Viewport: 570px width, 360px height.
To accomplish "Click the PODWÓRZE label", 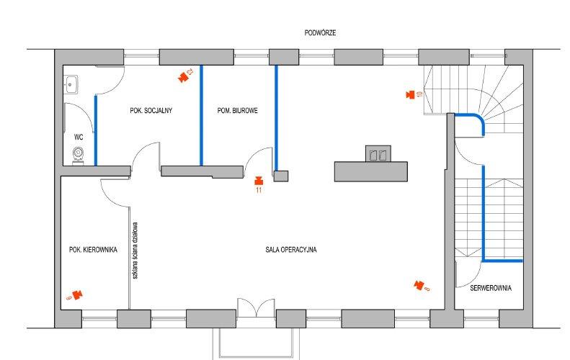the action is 320,32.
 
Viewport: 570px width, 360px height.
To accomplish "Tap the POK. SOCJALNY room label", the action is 151,110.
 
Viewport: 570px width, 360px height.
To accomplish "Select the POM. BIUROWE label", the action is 237,110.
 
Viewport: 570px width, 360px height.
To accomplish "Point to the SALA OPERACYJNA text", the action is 291,250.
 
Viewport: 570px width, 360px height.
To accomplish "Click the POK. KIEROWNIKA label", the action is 93,250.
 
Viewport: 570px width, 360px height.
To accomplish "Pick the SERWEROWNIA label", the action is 491,288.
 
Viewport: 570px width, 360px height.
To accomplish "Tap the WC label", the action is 79,137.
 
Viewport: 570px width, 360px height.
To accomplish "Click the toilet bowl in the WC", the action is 78,156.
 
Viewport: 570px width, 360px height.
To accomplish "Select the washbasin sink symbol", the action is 71,85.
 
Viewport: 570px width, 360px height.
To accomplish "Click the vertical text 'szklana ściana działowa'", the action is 135,251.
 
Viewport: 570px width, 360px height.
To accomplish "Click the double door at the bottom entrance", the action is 256,308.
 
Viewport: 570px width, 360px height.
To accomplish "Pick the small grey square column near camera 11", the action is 281,176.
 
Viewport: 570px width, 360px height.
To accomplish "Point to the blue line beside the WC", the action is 96,131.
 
